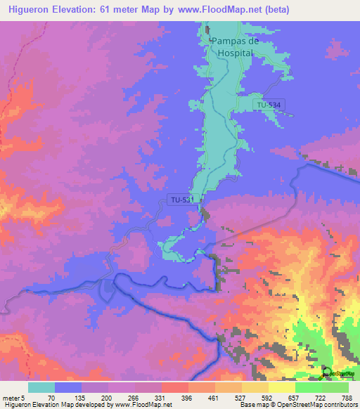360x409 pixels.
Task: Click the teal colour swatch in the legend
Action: pyautogui.click(x=41, y=388)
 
